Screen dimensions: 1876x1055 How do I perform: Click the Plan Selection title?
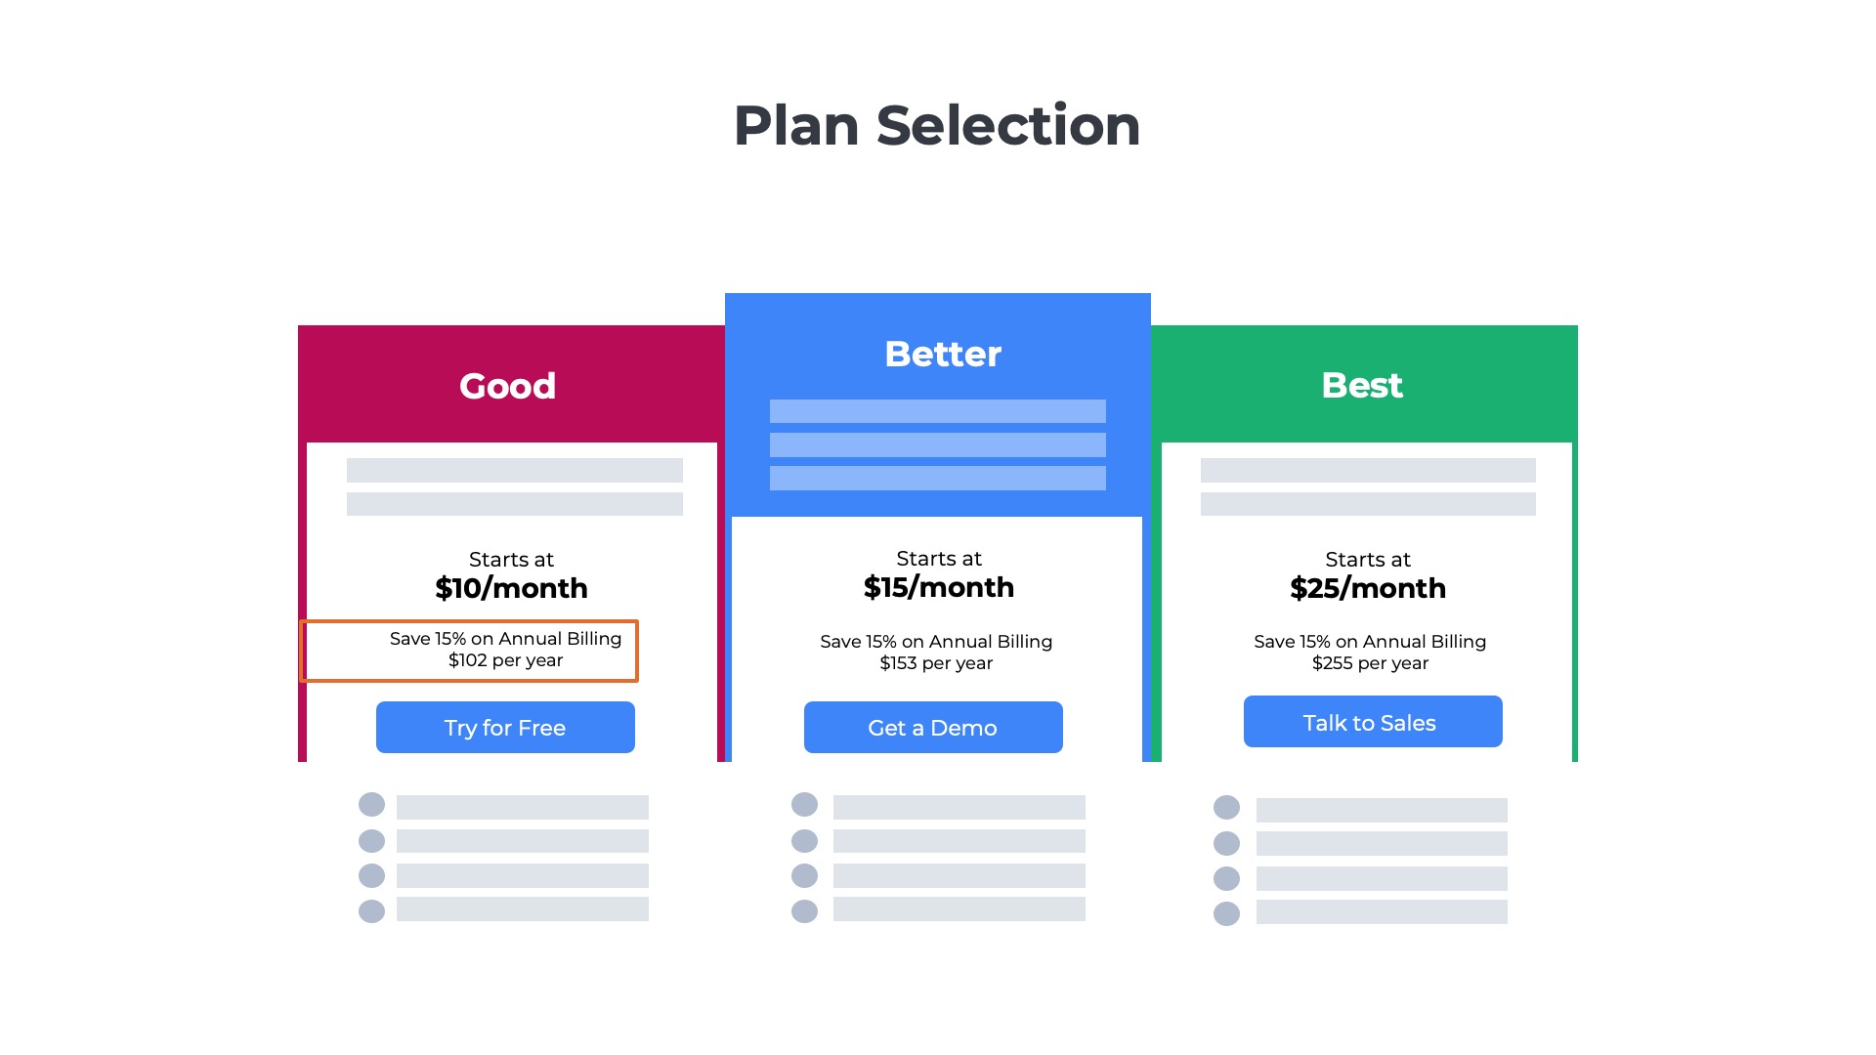click(937, 126)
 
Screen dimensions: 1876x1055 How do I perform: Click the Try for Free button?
click(505, 728)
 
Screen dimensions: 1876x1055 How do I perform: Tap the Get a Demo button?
click(933, 728)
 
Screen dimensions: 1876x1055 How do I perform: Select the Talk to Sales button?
click(1372, 722)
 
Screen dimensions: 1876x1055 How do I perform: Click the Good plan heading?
click(507, 386)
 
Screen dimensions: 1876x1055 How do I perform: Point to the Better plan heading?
click(942, 354)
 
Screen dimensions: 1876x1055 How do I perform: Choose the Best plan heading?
click(1362, 385)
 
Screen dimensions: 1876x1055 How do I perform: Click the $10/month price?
click(511, 588)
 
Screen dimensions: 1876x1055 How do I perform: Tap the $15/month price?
click(938, 587)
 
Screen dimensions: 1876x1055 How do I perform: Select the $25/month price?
click(1367, 588)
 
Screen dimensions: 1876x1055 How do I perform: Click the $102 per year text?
click(505, 660)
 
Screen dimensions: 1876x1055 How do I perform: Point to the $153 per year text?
click(935, 663)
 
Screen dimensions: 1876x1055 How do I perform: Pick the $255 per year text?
click(1370, 663)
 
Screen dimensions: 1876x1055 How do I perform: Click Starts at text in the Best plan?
click(1367, 560)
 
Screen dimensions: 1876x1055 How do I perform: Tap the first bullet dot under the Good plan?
click(371, 805)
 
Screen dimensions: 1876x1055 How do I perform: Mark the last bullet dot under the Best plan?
click(1226, 913)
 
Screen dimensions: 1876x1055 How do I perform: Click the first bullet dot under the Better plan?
click(804, 805)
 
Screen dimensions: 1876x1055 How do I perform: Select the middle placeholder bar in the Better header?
click(937, 444)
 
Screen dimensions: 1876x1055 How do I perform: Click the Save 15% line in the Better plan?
click(935, 642)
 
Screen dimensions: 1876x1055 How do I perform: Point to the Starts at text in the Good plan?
click(511, 560)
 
